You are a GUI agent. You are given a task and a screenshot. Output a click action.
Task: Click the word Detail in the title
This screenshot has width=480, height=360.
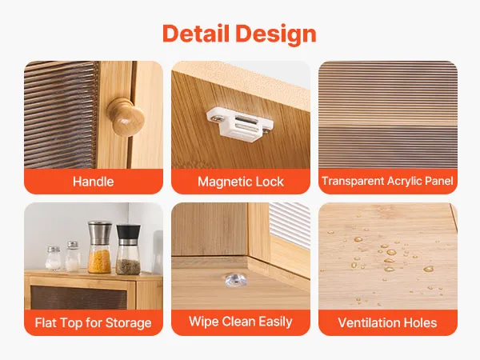click(196, 34)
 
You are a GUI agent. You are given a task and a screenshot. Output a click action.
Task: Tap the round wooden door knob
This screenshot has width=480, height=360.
click(126, 117)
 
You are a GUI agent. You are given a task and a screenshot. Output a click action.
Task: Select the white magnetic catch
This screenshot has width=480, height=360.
click(240, 125)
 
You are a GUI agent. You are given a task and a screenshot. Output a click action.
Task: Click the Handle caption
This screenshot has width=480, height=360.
click(93, 182)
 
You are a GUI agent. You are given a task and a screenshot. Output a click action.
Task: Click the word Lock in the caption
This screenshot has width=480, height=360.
click(270, 182)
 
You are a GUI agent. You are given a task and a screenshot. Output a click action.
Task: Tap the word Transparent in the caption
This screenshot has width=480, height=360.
click(353, 182)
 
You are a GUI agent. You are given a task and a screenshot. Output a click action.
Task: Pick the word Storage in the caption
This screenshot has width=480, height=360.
click(128, 323)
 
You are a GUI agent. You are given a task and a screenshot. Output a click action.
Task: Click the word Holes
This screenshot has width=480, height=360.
click(421, 323)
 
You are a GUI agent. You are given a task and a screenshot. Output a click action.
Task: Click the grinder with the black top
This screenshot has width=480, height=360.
click(129, 250)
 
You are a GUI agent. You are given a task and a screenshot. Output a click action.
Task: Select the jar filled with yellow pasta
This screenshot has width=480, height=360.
click(99, 247)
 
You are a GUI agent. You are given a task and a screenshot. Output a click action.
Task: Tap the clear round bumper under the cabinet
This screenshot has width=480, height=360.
click(234, 281)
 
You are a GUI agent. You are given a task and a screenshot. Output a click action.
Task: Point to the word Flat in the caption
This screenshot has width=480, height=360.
click(45, 323)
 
